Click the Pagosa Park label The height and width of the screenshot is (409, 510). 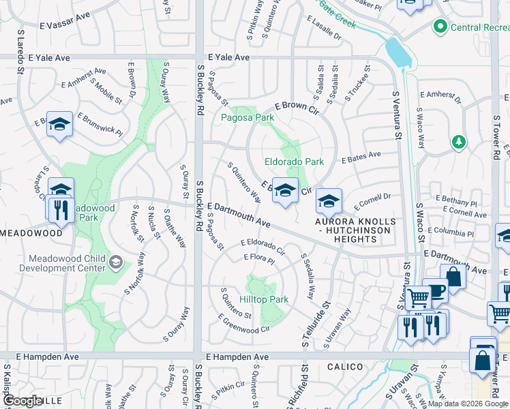(247, 117)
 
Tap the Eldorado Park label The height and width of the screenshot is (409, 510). (294, 162)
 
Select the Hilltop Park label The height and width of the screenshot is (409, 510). (264, 299)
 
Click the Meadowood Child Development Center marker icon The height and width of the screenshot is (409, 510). (116, 262)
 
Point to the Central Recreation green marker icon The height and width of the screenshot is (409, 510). (440, 27)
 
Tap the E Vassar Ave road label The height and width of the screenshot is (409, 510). (65, 24)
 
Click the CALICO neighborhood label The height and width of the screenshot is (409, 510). (344, 367)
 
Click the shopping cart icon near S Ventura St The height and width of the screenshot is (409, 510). (417, 297)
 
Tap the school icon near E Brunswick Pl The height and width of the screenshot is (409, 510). (59, 124)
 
